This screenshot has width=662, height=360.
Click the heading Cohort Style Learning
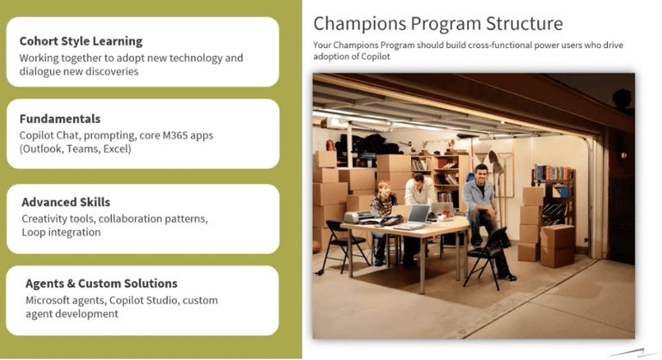click(81, 41)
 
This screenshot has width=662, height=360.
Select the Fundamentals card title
click(60, 119)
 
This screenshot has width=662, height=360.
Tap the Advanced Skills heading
click(66, 202)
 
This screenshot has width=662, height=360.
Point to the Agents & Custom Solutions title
click(101, 284)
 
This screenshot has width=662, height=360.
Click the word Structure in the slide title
click(524, 24)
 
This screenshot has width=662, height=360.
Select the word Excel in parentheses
click(117, 149)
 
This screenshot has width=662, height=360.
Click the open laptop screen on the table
click(419, 214)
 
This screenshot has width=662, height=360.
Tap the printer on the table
click(359, 217)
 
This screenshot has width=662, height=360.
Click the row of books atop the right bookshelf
click(552, 173)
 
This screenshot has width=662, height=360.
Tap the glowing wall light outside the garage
click(622, 156)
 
